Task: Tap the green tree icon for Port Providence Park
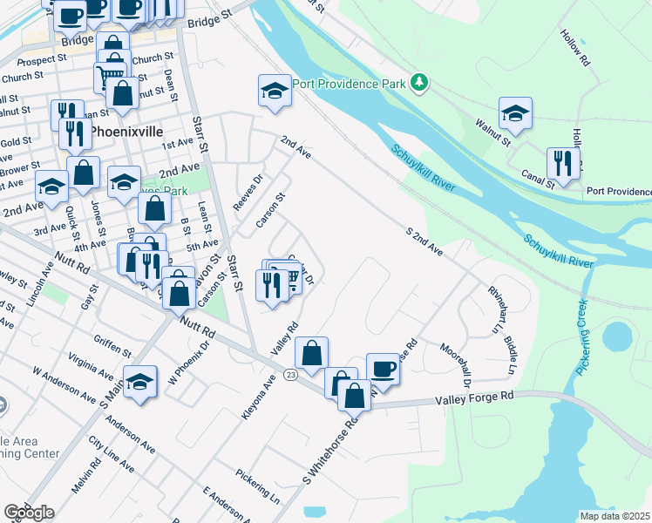coord(421,83)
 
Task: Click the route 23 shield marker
coord(291,375)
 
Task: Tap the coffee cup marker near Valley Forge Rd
coord(383,370)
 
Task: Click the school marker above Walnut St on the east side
coord(515,112)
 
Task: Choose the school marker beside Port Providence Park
coord(274,91)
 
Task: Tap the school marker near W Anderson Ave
coord(139,382)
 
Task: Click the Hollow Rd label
coord(576,50)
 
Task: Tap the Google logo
coord(29,513)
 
